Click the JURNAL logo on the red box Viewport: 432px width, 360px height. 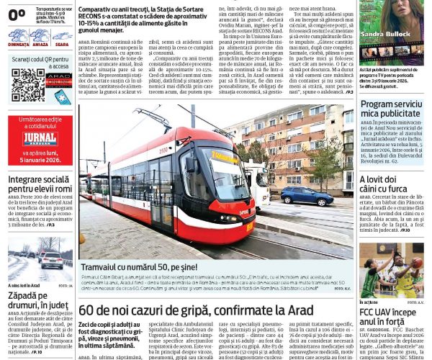click(40, 138)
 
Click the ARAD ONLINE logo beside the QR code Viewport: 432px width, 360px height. click(58, 79)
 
